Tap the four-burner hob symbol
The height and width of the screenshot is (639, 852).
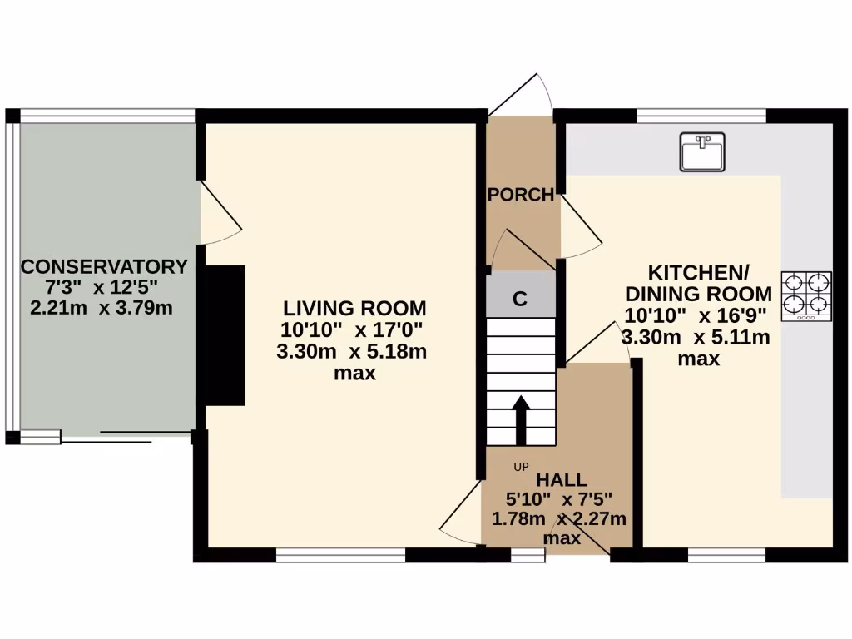(805, 296)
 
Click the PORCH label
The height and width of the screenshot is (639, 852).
(520, 195)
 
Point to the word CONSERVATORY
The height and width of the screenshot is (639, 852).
(104, 267)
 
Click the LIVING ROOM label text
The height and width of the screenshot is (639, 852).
(354, 307)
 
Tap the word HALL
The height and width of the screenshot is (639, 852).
(561, 479)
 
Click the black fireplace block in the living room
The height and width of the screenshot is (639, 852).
(225, 335)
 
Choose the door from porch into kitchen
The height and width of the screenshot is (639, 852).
(581, 224)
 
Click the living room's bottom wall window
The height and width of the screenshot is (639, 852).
(340, 554)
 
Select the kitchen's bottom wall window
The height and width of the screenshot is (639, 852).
(726, 554)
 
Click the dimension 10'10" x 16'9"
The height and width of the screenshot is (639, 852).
(697, 315)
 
